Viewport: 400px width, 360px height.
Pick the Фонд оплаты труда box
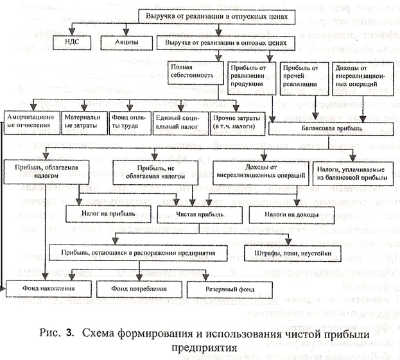click(129, 119)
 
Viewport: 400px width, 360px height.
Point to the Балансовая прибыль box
click(328, 128)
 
